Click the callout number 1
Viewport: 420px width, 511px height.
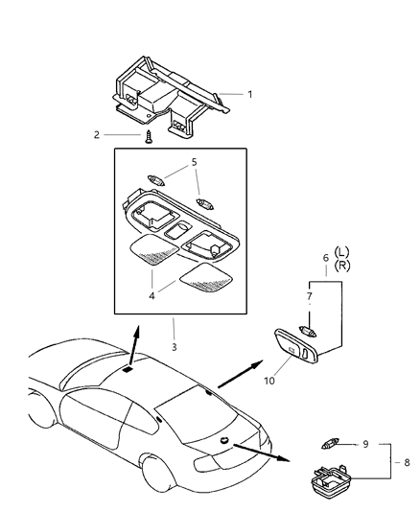coord(250,94)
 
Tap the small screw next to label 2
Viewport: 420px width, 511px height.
coord(149,137)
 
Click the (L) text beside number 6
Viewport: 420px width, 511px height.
coord(340,251)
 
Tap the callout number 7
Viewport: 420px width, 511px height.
coord(309,298)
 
